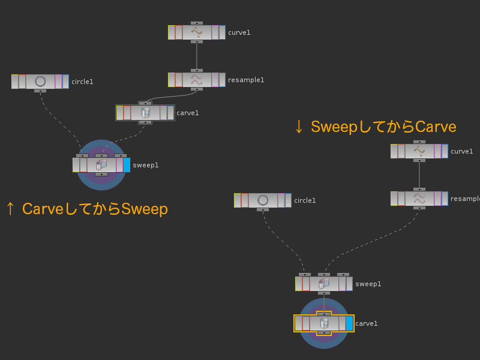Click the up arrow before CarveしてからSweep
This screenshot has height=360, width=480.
pyautogui.click(x=10, y=209)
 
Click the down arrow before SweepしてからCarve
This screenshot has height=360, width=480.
pyautogui.click(x=298, y=127)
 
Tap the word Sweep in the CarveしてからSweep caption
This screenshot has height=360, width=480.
pyautogui.click(x=145, y=209)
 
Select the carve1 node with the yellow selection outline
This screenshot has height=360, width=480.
pyautogui.click(x=323, y=323)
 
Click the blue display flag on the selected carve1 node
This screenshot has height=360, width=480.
pyautogui.click(x=349, y=323)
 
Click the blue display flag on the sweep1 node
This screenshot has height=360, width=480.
pyautogui.click(x=127, y=164)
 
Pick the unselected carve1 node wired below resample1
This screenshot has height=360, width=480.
pyautogui.click(x=145, y=112)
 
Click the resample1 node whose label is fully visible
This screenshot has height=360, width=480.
pyautogui.click(x=197, y=80)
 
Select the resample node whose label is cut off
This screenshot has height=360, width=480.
pyautogui.click(x=419, y=198)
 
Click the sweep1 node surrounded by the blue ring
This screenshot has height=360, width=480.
pyautogui.click(x=101, y=164)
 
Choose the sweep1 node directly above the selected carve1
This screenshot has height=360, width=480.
pyautogui.click(x=323, y=284)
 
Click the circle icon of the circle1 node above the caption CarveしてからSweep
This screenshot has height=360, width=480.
pyautogui.click(x=40, y=82)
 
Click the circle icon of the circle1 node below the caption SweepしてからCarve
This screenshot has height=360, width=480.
pyautogui.click(x=263, y=200)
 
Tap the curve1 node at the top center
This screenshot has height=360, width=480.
pyautogui.click(x=197, y=32)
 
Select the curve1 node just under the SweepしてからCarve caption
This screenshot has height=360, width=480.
pyautogui.click(x=419, y=151)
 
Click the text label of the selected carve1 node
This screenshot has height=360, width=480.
pyautogui.click(x=367, y=324)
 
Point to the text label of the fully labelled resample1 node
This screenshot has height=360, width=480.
pyautogui.click(x=246, y=80)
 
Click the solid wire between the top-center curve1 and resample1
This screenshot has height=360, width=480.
pyautogui.click(x=197, y=56)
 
